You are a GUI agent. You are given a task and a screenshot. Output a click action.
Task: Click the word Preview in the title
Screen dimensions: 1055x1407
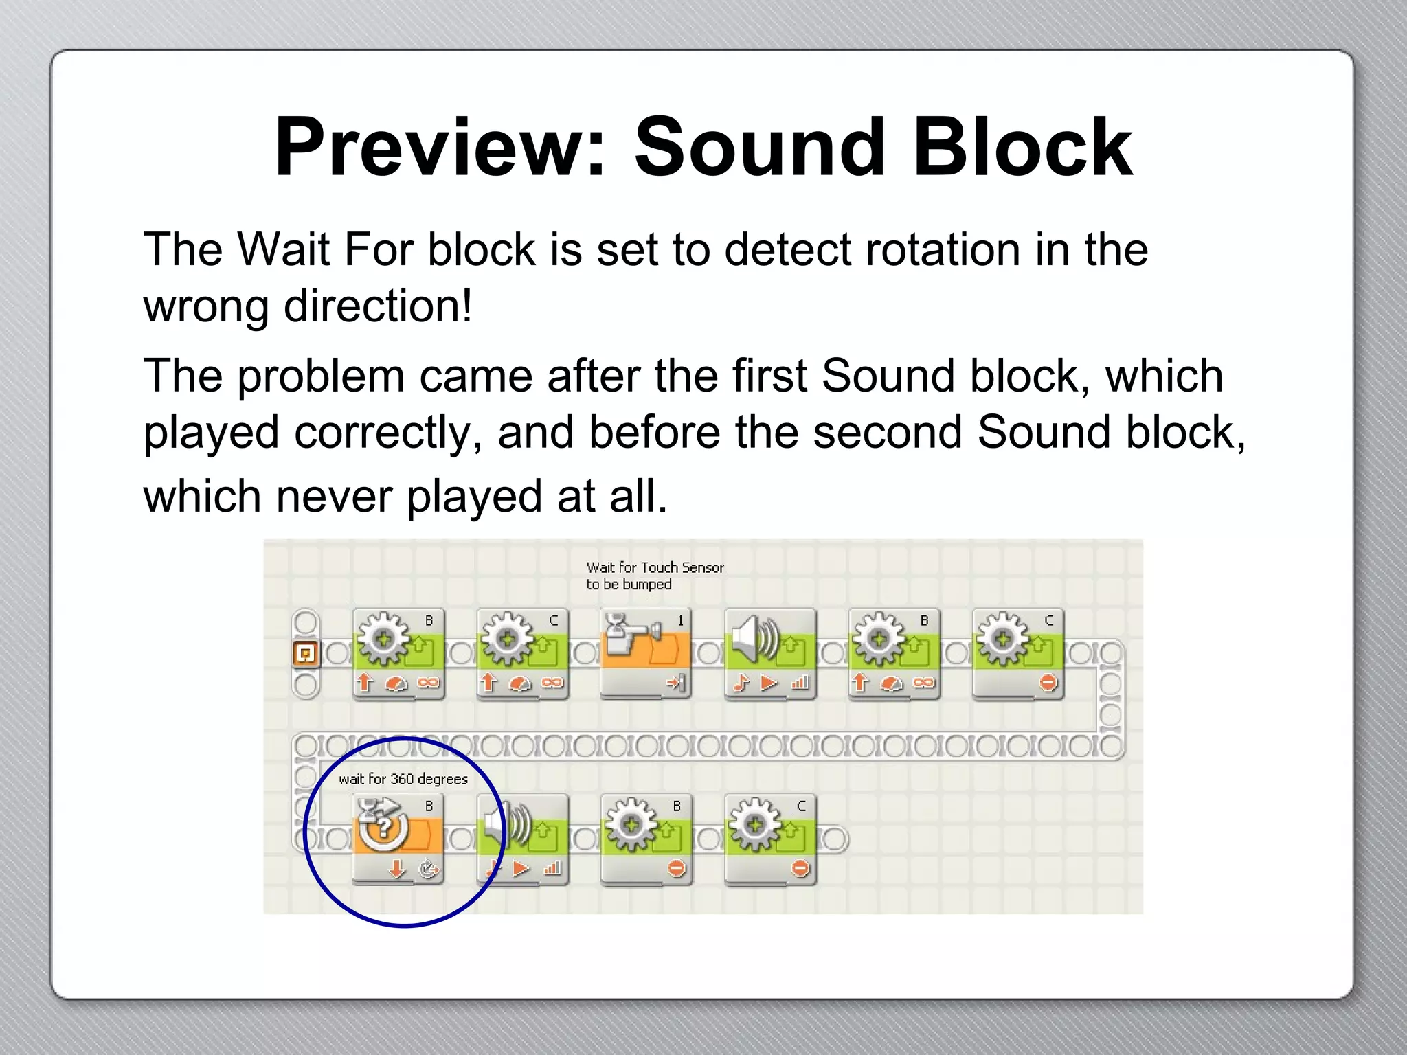pyautogui.click(x=440, y=148)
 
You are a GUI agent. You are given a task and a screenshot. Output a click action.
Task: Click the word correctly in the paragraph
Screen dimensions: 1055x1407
pyautogui.click(x=389, y=433)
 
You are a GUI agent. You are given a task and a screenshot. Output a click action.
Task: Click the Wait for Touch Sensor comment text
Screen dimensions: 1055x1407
pyautogui.click(x=654, y=576)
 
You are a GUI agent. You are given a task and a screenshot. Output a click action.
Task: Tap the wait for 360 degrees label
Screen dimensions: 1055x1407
pyautogui.click(x=403, y=779)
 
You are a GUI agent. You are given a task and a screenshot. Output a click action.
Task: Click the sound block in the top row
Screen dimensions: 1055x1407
pyautogui.click(x=770, y=653)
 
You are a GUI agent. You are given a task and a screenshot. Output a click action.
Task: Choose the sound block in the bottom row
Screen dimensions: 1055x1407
pyautogui.click(x=524, y=838)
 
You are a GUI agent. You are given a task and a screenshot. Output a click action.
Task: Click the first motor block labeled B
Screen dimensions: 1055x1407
pyautogui.click(x=398, y=653)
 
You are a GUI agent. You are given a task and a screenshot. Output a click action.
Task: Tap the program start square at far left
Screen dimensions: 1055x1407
pyautogui.click(x=306, y=653)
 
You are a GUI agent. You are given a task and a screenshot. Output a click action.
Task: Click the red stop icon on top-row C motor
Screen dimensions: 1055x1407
pyautogui.click(x=1048, y=683)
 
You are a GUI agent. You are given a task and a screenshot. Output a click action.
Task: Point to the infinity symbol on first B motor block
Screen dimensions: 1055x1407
pyautogui.click(x=428, y=683)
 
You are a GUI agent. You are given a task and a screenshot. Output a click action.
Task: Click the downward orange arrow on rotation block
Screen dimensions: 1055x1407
pyautogui.click(x=396, y=870)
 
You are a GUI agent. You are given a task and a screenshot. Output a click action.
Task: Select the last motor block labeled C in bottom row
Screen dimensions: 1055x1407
pyautogui.click(x=770, y=838)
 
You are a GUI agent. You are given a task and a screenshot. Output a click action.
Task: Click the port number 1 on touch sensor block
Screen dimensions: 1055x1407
pyautogui.click(x=681, y=621)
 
